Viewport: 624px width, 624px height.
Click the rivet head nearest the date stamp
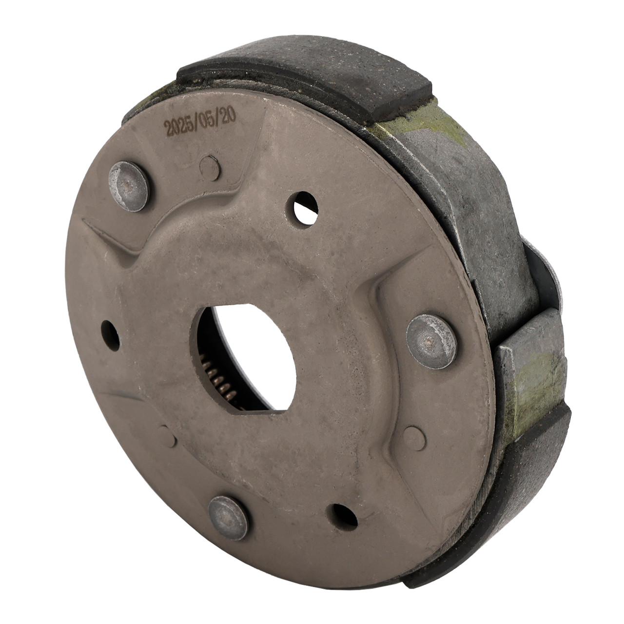click(128, 186)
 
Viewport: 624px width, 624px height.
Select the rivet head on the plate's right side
click(431, 341)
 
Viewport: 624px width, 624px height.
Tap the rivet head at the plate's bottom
click(228, 518)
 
